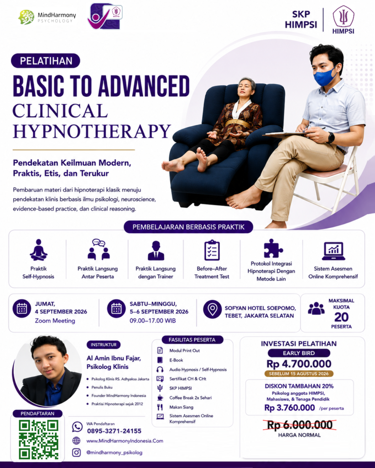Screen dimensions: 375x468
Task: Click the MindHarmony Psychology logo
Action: coord(47,17)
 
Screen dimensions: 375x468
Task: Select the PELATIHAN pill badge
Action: coord(46,61)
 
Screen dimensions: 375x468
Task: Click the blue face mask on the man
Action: coord(325,75)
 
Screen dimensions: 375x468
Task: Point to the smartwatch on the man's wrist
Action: coord(331,138)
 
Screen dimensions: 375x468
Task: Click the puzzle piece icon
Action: coord(273,248)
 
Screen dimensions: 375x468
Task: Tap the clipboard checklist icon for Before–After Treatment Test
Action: coord(212,250)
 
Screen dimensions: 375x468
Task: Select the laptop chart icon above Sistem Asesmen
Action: coord(333,251)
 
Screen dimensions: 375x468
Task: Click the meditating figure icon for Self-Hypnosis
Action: coord(38,250)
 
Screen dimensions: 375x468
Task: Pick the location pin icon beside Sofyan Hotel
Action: coord(212,309)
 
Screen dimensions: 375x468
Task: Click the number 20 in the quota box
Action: coord(341,317)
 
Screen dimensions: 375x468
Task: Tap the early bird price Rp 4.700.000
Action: coord(299,364)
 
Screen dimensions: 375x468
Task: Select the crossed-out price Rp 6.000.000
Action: coord(300,425)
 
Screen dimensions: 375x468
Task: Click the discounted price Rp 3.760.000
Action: coord(290,408)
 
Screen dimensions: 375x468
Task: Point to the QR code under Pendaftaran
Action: coord(38,439)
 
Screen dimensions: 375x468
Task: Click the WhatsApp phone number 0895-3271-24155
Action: coord(114,431)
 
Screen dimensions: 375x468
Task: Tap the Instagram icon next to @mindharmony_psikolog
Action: coord(76,452)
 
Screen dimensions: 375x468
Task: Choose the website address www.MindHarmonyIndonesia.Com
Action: coord(125,441)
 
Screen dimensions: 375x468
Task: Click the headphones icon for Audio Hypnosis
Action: coord(160,369)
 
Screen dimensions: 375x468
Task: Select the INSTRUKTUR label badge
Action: coord(104,345)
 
